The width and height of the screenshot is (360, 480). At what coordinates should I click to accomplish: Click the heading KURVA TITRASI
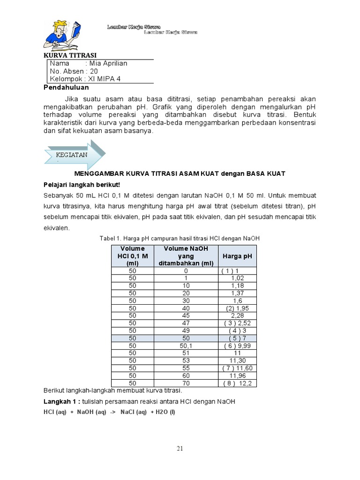(x=69, y=55)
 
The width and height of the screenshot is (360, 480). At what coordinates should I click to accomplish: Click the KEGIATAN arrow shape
(x=75, y=154)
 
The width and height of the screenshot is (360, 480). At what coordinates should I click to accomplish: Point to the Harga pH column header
(x=237, y=256)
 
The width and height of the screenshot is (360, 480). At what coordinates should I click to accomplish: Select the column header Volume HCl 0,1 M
(x=132, y=256)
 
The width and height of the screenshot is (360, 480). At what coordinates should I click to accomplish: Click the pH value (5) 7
(x=237, y=338)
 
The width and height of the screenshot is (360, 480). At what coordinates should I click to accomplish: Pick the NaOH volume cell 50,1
(x=186, y=345)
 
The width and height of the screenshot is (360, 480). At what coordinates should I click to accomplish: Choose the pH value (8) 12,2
(x=237, y=383)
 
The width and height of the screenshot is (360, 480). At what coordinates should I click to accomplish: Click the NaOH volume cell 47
(x=186, y=323)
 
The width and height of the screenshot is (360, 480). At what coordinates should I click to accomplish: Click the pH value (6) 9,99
(x=237, y=345)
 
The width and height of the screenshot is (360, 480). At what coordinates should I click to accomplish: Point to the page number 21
(x=180, y=449)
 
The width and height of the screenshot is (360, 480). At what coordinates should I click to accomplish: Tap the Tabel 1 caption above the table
(x=180, y=239)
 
